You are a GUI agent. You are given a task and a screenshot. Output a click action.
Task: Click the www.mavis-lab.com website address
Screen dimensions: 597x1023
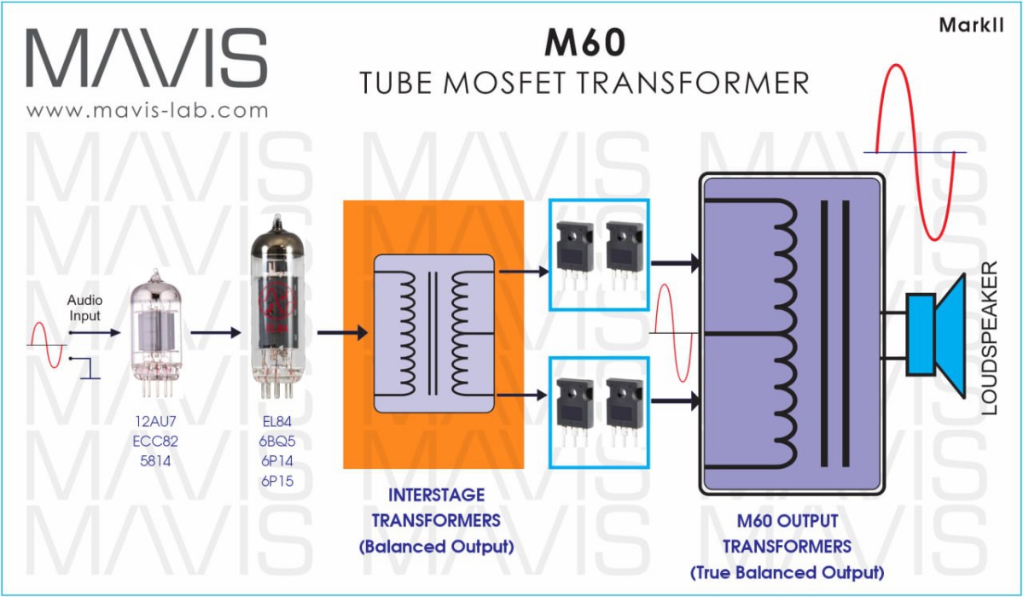(147, 110)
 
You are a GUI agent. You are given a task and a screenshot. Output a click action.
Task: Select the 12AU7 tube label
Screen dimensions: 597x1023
(157, 420)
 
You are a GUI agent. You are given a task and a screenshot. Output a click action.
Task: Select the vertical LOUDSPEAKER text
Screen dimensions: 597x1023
(990, 339)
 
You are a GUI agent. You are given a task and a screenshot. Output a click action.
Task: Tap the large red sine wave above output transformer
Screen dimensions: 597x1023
(913, 151)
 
